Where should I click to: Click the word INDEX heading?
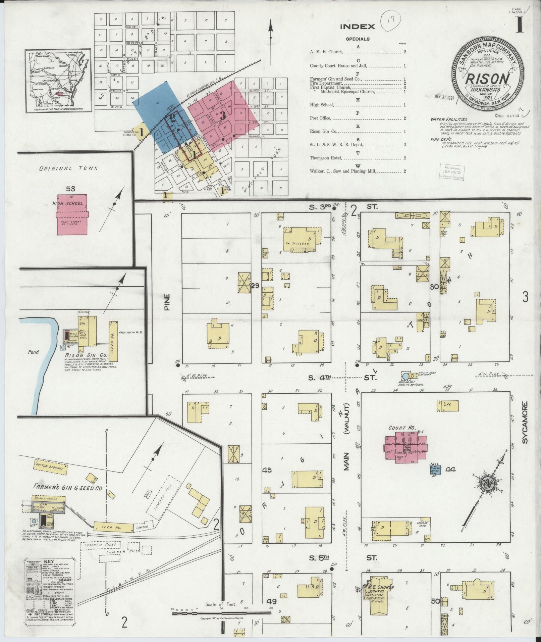(357, 27)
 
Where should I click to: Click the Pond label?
(33, 352)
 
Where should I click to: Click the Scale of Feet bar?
(221, 613)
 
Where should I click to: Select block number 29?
(255, 286)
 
